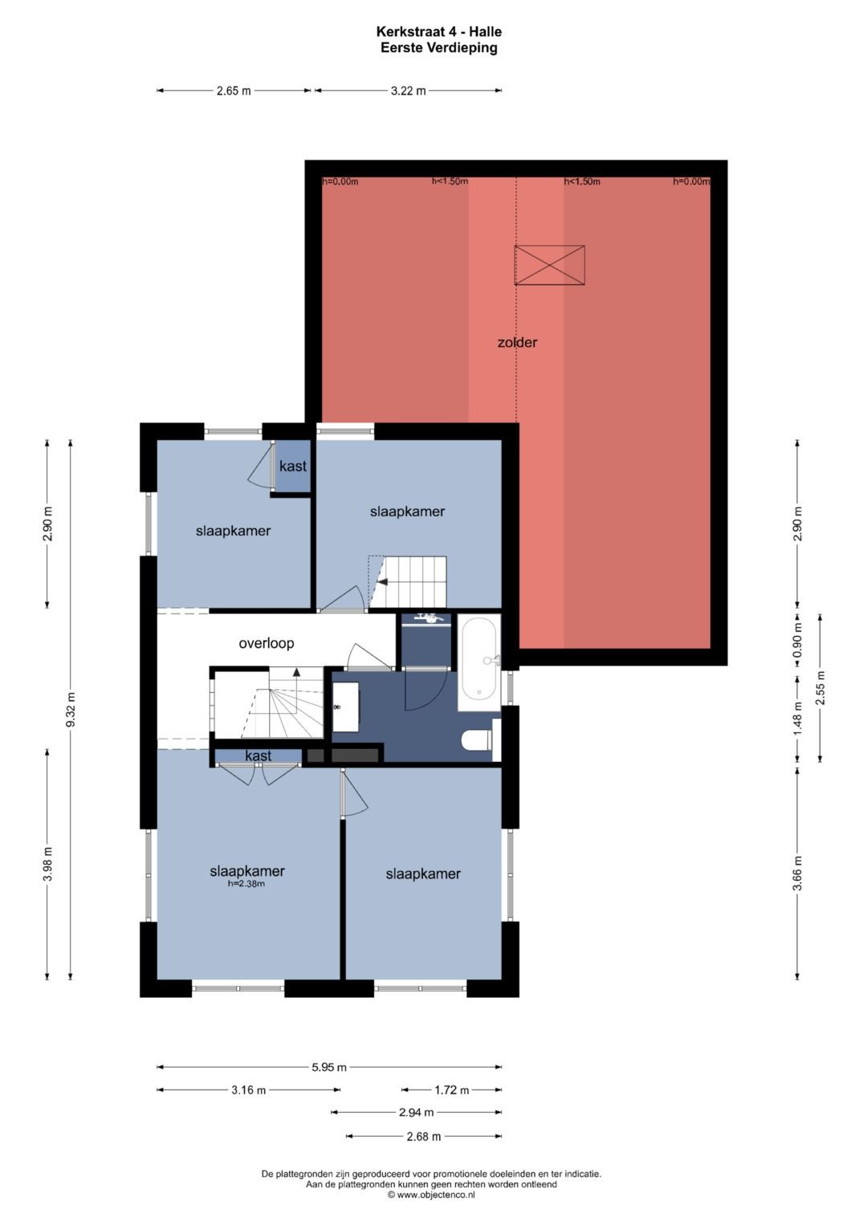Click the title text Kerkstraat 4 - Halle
click(x=438, y=32)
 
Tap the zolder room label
click(x=517, y=343)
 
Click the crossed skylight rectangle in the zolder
click(x=550, y=265)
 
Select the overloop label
click(x=267, y=643)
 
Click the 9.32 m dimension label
click(x=71, y=710)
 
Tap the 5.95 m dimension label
click(x=329, y=1067)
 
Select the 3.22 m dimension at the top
click(x=409, y=91)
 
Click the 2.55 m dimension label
click(x=820, y=688)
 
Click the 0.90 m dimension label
click(x=797, y=642)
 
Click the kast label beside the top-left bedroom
click(x=293, y=466)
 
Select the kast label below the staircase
click(x=258, y=756)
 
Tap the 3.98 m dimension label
click(x=47, y=864)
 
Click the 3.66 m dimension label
click(x=797, y=873)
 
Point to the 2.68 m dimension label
click(x=423, y=1137)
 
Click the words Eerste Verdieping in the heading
click(x=439, y=47)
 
